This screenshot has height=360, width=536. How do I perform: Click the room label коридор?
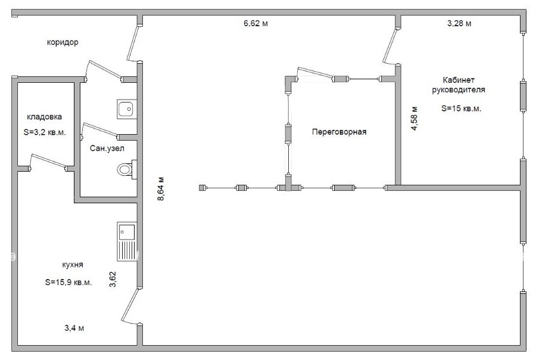63,42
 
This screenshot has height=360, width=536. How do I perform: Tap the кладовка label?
45,117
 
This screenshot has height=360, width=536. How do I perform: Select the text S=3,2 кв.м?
45,132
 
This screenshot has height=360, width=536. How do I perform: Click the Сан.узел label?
107,148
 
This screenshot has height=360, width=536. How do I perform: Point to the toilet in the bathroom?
127,169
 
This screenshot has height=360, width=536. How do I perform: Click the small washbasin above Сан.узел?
127,109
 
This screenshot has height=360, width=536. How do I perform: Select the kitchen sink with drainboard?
127,241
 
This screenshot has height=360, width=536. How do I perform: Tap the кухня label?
73,265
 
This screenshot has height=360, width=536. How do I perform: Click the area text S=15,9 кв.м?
68,283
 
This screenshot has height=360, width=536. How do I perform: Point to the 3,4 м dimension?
74,328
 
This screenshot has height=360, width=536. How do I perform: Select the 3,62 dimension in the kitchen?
113,279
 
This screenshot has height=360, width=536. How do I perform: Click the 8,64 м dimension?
161,188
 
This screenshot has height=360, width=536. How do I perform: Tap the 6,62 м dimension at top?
255,23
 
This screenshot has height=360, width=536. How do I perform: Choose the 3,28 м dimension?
459,23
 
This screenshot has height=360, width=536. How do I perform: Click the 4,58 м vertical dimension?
414,119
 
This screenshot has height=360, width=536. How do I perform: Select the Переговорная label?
339,132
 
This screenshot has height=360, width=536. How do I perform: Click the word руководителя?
459,90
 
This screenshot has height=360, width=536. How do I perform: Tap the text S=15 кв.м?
461,108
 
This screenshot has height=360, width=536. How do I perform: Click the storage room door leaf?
48,161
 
